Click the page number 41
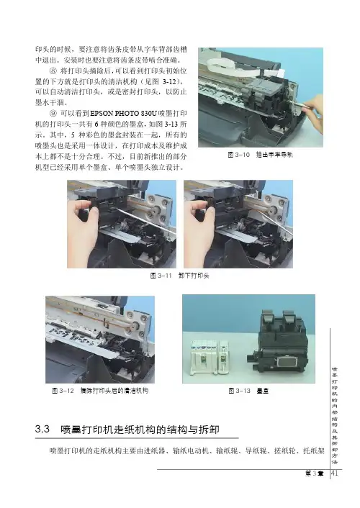pyautogui.click(x=334, y=473)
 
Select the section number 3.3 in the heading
pyautogui.click(x=42, y=430)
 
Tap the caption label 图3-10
pyautogui.click(x=239, y=155)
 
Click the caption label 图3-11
pyautogui.click(x=161, y=276)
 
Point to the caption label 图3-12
pyautogui.click(x=63, y=391)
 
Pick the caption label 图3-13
pyautogui.click(x=240, y=391)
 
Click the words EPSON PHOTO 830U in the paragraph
pyautogui.click(x=124, y=114)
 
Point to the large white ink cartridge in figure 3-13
pyautogui.click(x=203, y=356)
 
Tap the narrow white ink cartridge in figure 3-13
pyautogui.click(x=223, y=357)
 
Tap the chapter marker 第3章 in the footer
pyautogui.click(x=314, y=473)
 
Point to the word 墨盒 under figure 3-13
pyautogui.click(x=262, y=391)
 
